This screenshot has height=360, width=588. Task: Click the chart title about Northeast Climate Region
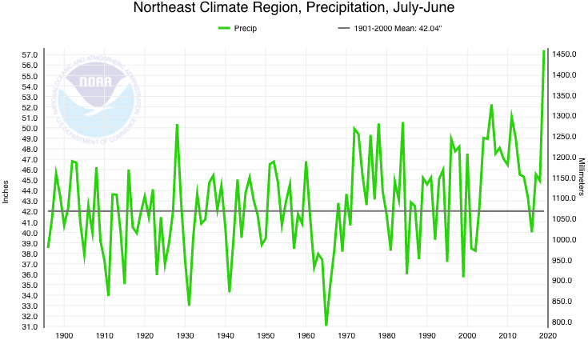tap(294, 9)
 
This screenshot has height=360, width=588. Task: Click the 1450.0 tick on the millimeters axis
tap(565, 54)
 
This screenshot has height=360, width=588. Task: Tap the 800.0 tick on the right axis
tap(562, 322)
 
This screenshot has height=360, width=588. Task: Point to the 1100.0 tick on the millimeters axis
tap(565, 198)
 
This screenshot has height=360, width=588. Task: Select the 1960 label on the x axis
tap(306, 336)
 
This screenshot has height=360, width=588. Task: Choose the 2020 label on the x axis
tap(547, 336)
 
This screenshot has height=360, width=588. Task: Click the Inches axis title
tap(6, 190)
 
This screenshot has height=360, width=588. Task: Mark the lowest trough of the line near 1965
tap(326, 325)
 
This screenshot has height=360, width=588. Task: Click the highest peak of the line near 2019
tap(544, 51)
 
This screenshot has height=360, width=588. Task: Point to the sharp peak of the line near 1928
tap(177, 125)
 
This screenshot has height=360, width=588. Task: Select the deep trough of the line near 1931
tap(189, 305)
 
